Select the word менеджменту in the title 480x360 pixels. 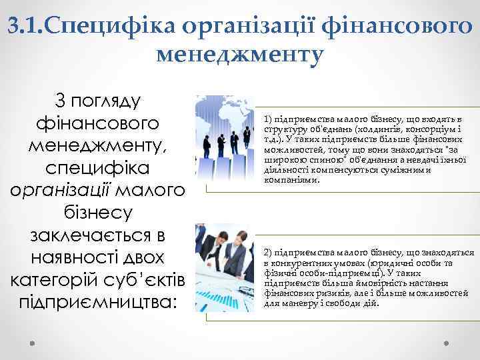pyautogui.click(x=240, y=53)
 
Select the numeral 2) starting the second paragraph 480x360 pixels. pyautogui.click(x=269, y=253)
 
